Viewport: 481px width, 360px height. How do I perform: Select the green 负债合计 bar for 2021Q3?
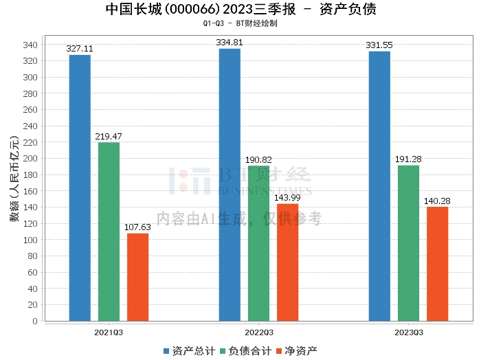[x=109, y=231]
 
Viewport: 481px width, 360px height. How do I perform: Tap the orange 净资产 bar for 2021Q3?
[x=137, y=277]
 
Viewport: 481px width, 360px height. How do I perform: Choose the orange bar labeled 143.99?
[x=287, y=262]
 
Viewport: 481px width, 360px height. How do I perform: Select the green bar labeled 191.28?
[x=408, y=243]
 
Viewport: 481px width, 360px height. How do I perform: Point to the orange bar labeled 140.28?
[x=437, y=263]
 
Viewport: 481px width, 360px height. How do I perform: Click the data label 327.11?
[x=80, y=49]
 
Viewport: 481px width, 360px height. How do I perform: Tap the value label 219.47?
[x=109, y=137]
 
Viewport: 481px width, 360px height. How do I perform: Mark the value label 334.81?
[x=230, y=43]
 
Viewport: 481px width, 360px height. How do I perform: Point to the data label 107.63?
[x=137, y=227]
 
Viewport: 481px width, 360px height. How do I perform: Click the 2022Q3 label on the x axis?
[x=258, y=332]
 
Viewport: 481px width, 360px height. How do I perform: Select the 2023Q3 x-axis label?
[x=408, y=332]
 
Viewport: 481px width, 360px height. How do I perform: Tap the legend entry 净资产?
[x=296, y=350]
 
